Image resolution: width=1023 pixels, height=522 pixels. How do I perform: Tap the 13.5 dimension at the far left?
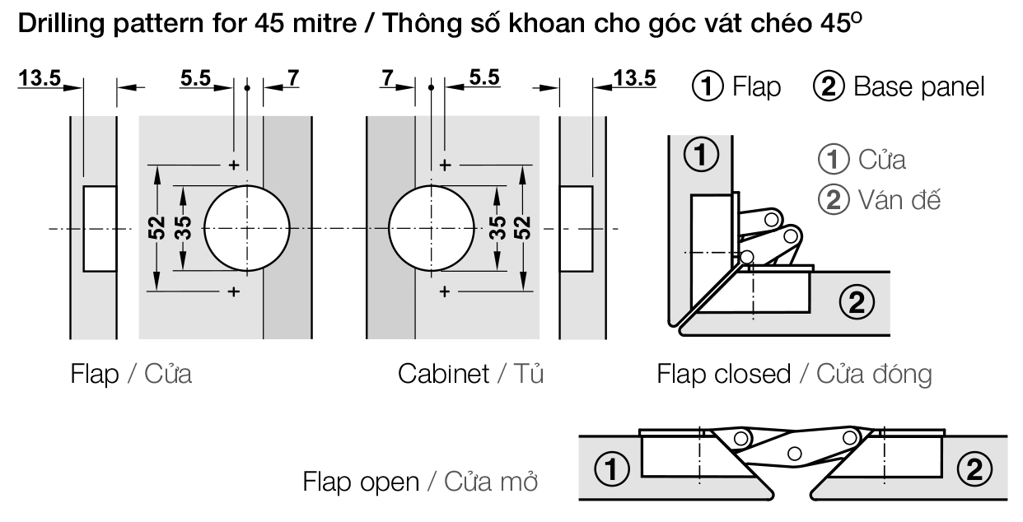coord(40,78)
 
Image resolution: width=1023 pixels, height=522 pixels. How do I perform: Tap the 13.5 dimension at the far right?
coord(635,78)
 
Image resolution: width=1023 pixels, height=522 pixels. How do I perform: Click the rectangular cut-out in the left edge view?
coord(100,227)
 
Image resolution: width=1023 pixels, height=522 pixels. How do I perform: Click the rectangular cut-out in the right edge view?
coord(576,227)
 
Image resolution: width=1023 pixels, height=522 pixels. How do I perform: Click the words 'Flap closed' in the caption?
coord(723,374)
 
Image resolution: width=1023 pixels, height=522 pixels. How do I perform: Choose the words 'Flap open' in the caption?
coord(361,481)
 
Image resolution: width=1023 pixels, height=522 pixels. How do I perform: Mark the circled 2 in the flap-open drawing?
coord(974,470)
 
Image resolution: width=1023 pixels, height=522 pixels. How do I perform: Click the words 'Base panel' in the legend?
coord(918,86)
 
